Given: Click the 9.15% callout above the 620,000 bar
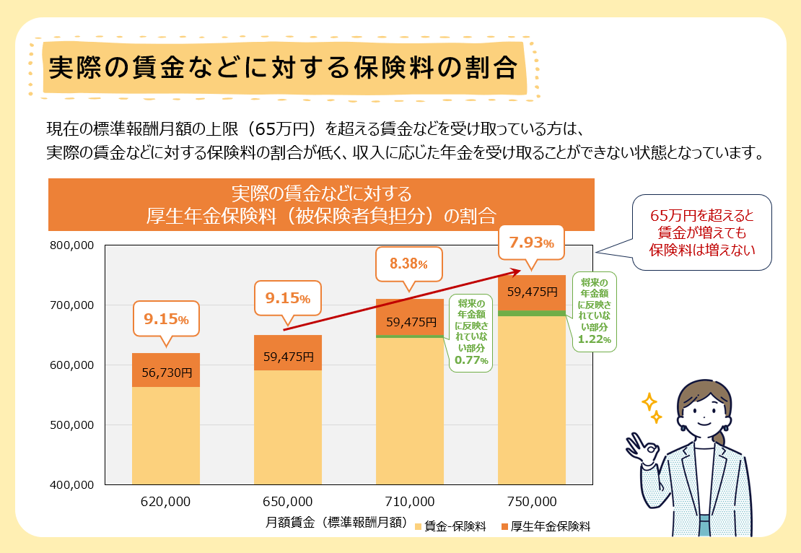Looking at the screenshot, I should coord(166,318).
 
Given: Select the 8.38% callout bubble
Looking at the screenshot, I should coord(408,264).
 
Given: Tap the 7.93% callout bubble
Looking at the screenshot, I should coord(531,243).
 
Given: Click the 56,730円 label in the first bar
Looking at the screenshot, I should coord(166,373).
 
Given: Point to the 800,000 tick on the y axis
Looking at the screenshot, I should coord(72,245).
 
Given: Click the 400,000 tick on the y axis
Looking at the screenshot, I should coord(72,484).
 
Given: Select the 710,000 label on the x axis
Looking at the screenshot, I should coord(409,501).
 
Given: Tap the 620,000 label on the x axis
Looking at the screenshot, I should coord(166,501).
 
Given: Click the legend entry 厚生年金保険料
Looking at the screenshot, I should coord(546,526).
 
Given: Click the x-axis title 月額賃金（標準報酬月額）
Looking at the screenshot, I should coord(338,522).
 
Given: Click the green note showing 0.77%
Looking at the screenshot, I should coord(470,333).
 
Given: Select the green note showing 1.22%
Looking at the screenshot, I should coord(595,311).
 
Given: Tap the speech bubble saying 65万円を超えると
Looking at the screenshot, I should coord(701,232).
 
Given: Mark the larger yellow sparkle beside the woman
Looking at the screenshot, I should coord(649,401).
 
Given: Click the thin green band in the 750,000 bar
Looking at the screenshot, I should coord(532,313).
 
